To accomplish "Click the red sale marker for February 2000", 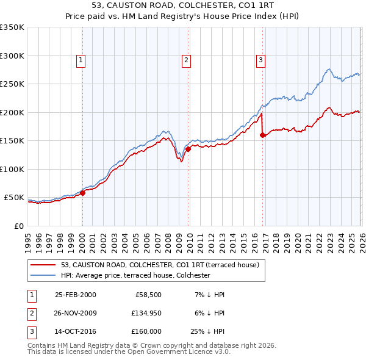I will pyautogui.click(x=83, y=193).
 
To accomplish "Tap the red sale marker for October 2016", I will pyautogui.click(x=262, y=135).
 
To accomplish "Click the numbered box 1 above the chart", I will pyautogui.click(x=81, y=60).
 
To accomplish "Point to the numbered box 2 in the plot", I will pyautogui.click(x=185, y=60).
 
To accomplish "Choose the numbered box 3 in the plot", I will pyautogui.click(x=260, y=60).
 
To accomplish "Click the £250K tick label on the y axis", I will pyautogui.click(x=12, y=84).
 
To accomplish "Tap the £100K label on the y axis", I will pyautogui.click(x=12, y=169).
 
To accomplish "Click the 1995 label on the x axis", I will pyautogui.click(x=28, y=239).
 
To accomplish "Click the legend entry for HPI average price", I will pyautogui.click(x=135, y=275).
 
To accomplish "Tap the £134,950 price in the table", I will pyautogui.click(x=144, y=313).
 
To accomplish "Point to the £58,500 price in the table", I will pyautogui.click(x=146, y=294).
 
